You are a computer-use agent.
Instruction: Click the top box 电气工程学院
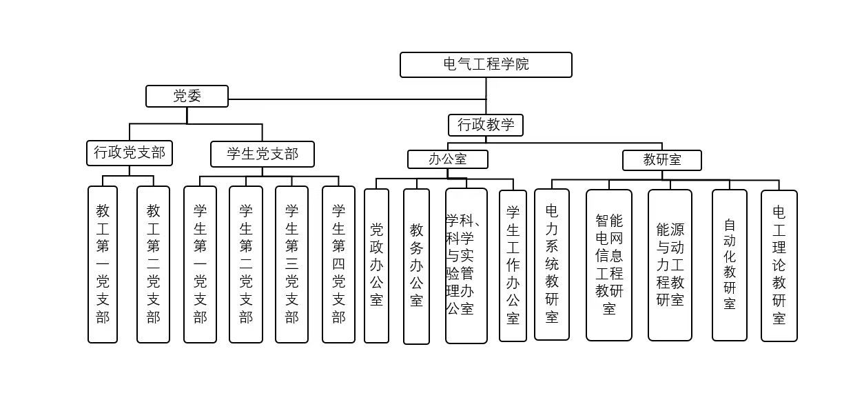pos(486,65)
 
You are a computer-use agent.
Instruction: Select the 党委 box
pos(187,97)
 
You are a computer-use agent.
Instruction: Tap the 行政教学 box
pos(486,125)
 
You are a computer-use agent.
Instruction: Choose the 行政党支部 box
pos(130,153)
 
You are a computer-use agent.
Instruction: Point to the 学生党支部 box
pos(262,154)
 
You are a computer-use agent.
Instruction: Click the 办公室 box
pos(447,159)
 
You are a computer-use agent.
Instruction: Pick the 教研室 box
pos(661,160)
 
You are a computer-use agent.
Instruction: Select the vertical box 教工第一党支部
pos(103,264)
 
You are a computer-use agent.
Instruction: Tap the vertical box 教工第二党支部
pos(153,264)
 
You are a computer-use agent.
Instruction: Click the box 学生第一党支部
pos(200,264)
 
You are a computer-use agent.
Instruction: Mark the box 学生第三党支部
pos(291,264)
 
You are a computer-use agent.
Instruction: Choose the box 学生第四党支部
pos(338,264)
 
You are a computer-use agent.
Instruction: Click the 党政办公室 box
pos(376,266)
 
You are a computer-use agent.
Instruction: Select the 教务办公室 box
pos(416,266)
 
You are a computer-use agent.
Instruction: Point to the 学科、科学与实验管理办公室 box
pos(466,266)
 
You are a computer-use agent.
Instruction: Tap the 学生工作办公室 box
pos(513,266)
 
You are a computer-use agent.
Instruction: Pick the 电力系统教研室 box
pos(552,264)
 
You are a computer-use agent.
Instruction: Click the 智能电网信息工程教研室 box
pos(609,265)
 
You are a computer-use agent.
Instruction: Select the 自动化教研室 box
pos(729,265)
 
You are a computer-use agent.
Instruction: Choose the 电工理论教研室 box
pos(779,266)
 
